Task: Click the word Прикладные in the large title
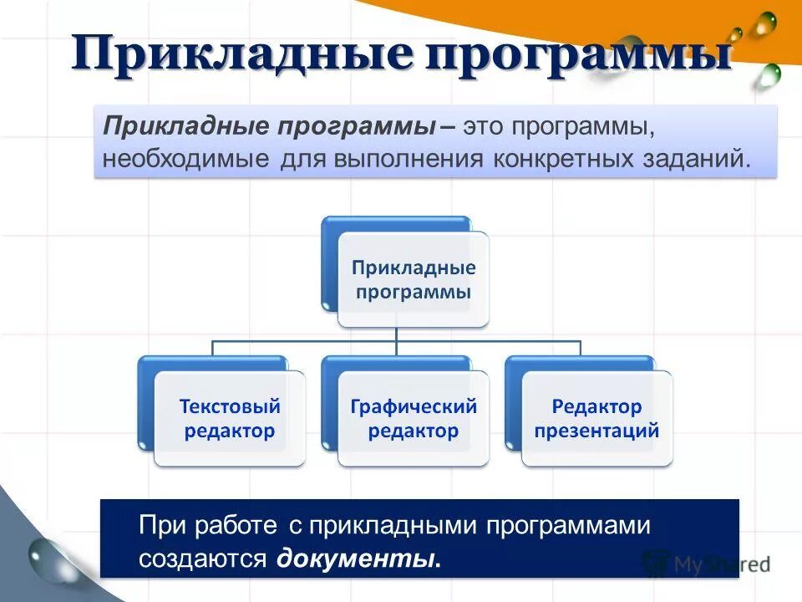[x=241, y=54]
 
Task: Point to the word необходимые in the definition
[x=185, y=159]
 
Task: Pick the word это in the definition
[x=483, y=130]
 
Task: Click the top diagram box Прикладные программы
[x=413, y=279]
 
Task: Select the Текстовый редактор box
[x=229, y=418]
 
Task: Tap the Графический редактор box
[x=413, y=418]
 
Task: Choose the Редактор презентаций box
[x=596, y=418]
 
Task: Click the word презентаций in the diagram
[x=596, y=431]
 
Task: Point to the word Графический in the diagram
[x=414, y=406]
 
